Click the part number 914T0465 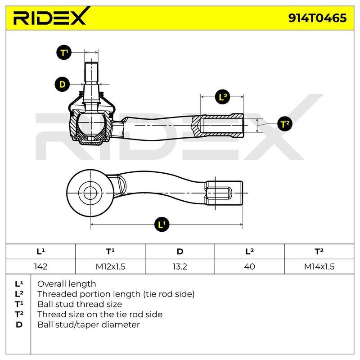pyautogui.click(x=318, y=18)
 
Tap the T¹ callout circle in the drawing pyautogui.click(x=64, y=53)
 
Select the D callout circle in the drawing pyautogui.click(x=62, y=85)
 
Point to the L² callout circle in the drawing pyautogui.click(x=222, y=97)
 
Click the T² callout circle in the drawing pyautogui.click(x=285, y=124)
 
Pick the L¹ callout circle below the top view pyautogui.click(x=162, y=224)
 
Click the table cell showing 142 pyautogui.click(x=40, y=266)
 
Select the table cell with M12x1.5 pyautogui.click(x=110, y=266)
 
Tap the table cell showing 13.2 pyautogui.click(x=180, y=266)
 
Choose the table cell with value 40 pyautogui.click(x=250, y=266)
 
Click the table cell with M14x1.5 pyautogui.click(x=319, y=266)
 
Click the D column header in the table pyautogui.click(x=180, y=252)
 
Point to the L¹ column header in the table pyautogui.click(x=40, y=252)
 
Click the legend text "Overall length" pyautogui.click(x=67, y=284)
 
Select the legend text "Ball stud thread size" pyautogui.click(x=80, y=304)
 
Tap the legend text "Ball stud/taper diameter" pyautogui.click(x=88, y=324)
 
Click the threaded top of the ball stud pyautogui.click(x=91, y=72)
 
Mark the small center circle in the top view pyautogui.click(x=90, y=193)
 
